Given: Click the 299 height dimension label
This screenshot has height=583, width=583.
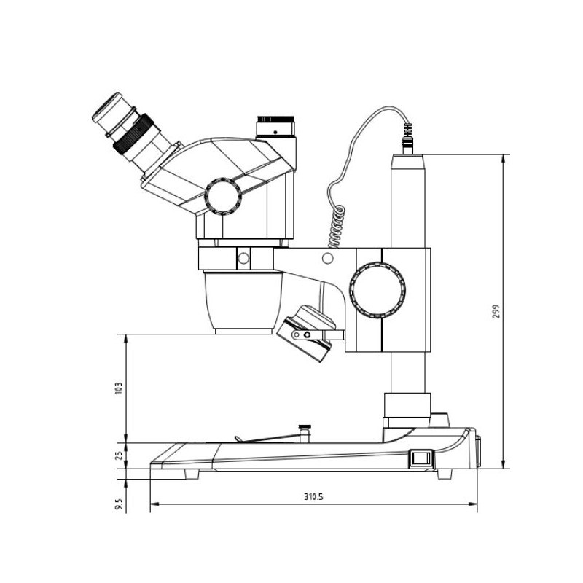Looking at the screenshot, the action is coord(496,312).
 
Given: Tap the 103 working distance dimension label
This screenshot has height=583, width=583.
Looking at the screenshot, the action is coord(119,388).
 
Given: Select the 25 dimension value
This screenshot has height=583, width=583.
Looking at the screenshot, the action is coord(119,455).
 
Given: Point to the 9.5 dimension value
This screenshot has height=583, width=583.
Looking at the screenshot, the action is coord(119,504).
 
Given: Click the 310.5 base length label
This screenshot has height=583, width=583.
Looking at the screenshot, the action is coord(313,497).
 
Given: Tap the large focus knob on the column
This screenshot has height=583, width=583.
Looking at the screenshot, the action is coord(377,290).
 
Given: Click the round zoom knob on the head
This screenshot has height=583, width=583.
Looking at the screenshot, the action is coord(223,196).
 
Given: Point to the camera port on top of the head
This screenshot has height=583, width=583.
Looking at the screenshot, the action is coord(275,126).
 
